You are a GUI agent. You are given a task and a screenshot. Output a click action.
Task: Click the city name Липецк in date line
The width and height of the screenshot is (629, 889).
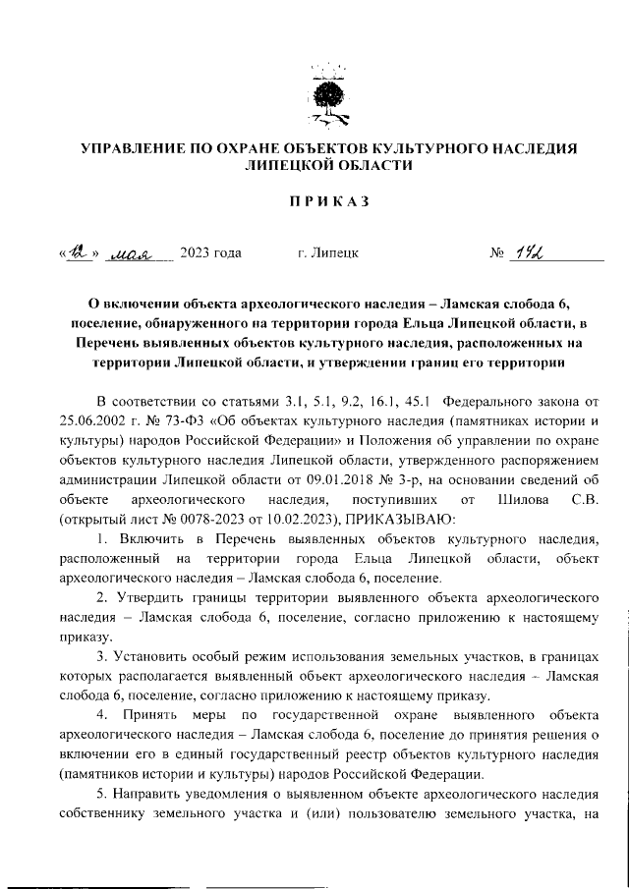[327, 254]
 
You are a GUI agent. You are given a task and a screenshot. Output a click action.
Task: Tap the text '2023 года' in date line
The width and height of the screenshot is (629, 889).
[211, 254]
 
